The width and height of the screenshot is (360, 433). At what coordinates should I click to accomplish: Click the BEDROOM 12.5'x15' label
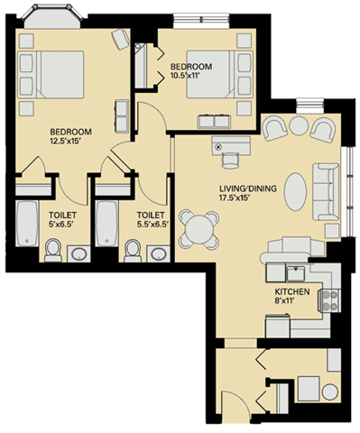69,135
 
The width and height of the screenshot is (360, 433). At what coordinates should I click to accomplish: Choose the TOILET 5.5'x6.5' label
150,220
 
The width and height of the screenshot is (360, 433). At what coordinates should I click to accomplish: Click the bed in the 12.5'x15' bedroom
56,73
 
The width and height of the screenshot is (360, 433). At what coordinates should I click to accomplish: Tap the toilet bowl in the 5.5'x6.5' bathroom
133,249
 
